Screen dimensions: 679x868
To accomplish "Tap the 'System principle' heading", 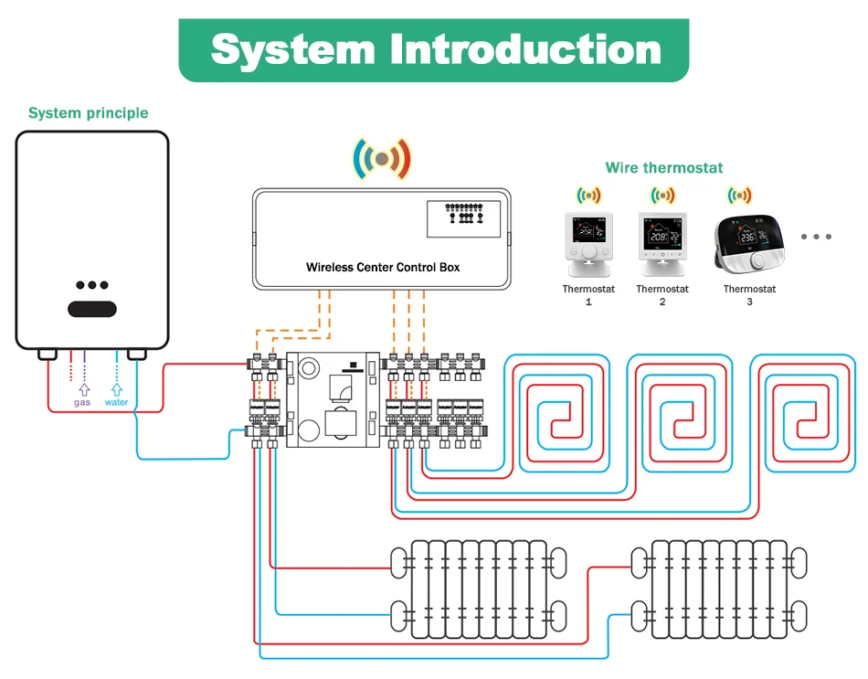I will pos(88,113).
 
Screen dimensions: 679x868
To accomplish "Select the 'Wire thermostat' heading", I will pos(663,168).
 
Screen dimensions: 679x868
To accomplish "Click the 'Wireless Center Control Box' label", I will pos(383,268).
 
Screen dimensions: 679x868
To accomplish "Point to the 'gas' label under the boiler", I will pos(82,402).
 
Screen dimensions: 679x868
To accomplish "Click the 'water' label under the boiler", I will pos(116,402).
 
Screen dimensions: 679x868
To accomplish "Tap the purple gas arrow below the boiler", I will pos(83,387).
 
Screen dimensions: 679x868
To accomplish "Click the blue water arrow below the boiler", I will pos(116,387).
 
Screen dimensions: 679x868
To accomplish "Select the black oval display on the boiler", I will pos(92,309).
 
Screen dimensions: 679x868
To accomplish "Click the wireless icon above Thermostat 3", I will pos(739,195).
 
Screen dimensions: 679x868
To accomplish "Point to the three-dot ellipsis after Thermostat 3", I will pos(816,237).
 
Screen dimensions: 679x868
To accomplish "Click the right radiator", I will pos(719,589).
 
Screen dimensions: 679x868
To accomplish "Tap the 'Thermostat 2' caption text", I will pos(662,294).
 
